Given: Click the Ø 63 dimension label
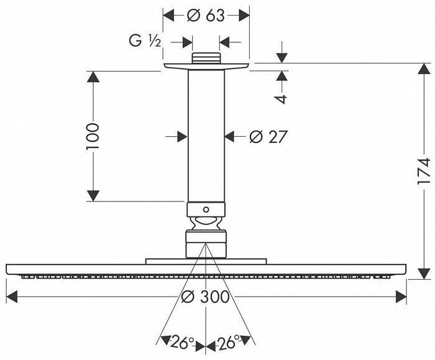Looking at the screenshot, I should [206, 16].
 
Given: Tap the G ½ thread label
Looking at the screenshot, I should [145, 42].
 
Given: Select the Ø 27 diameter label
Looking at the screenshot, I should [268, 136].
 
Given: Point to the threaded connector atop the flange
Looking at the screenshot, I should [206, 59].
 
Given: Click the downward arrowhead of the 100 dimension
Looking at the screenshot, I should [93, 195].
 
